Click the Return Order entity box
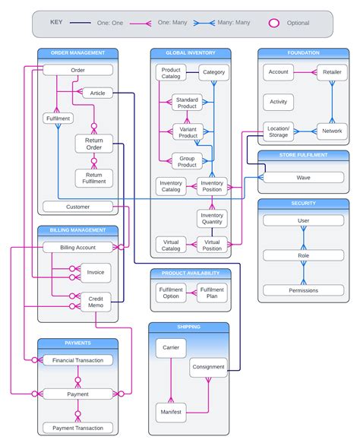tap(94, 143)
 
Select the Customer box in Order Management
tap(77, 206)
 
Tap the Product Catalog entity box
tap(171, 73)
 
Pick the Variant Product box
tap(187, 131)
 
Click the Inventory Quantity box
tap(212, 219)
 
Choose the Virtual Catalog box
tap(171, 245)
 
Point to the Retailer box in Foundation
tap(332, 73)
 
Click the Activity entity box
tap(278, 101)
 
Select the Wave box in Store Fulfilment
tap(303, 177)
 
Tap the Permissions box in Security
tap(303, 290)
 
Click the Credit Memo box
tap(96, 302)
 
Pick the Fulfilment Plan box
tap(212, 293)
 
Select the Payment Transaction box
tap(77, 429)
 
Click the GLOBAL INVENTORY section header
tap(191, 53)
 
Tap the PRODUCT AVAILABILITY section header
tap(191, 273)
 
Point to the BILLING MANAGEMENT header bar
tap(77, 229)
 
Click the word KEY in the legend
tap(57, 22)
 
